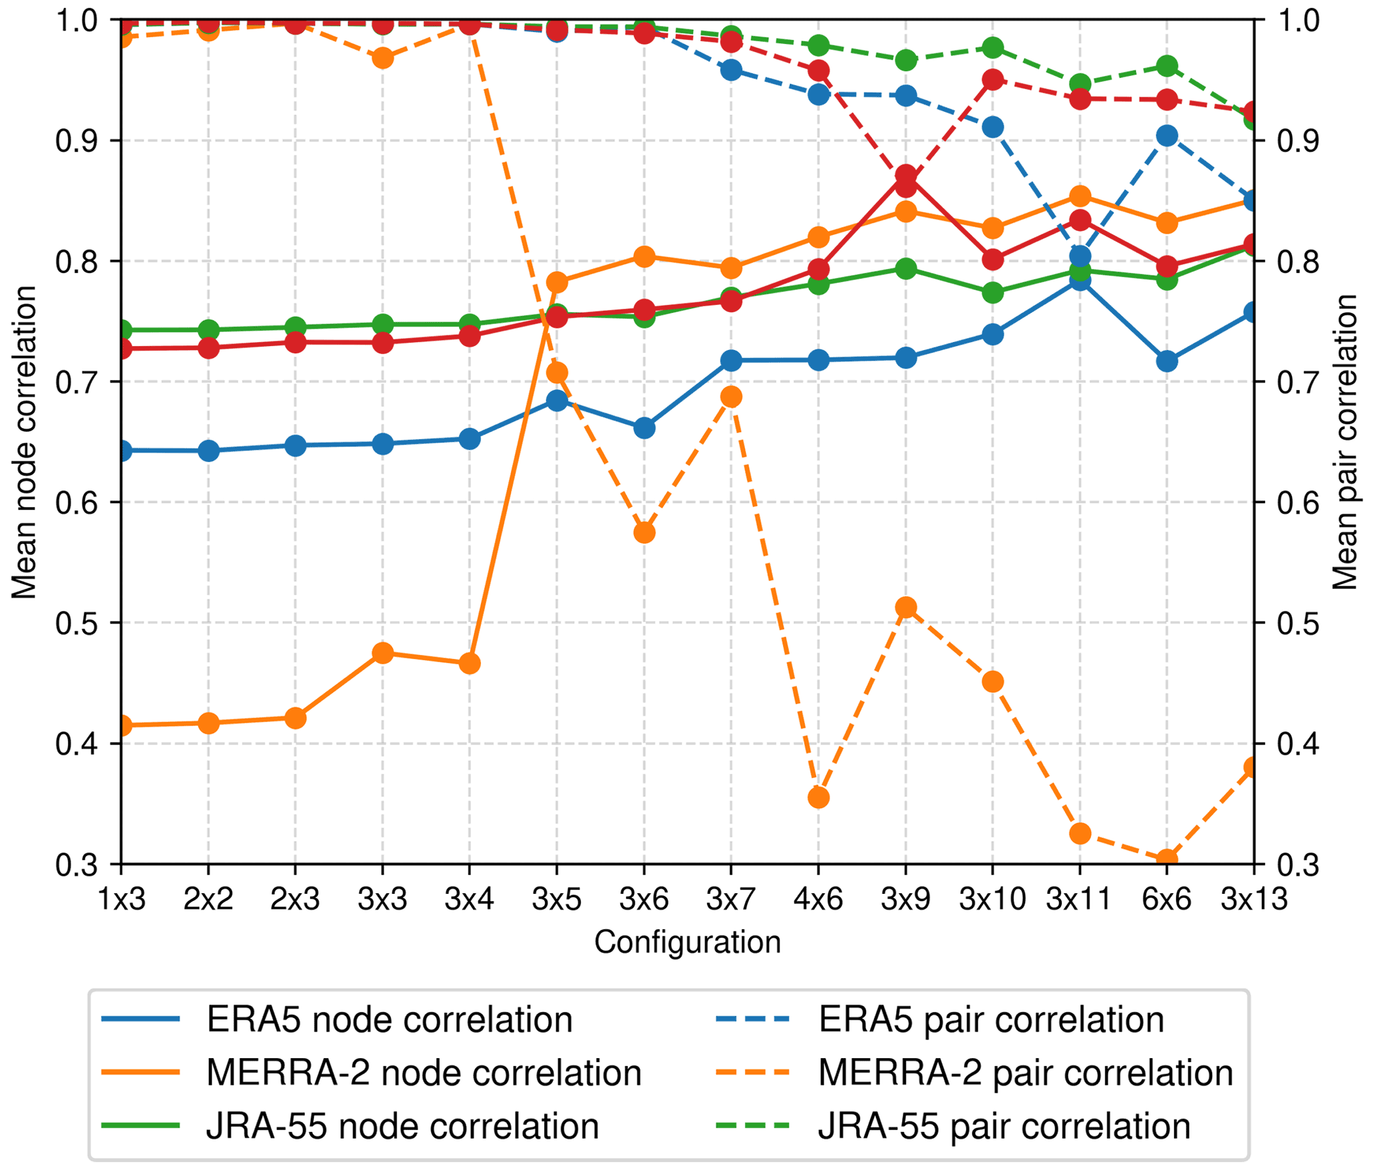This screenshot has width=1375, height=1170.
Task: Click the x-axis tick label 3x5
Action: (556, 900)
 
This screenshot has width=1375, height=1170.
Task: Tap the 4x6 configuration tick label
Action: (818, 900)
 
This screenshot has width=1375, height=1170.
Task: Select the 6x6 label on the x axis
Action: (1166, 900)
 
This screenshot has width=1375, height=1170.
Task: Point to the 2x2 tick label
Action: (208, 900)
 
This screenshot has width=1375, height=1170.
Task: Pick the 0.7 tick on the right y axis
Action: (1298, 383)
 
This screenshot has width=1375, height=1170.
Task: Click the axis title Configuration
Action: (687, 942)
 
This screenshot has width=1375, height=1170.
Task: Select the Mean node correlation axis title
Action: (24, 442)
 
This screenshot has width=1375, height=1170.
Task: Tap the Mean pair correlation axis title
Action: (1344, 442)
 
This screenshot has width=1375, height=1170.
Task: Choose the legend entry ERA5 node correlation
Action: (389, 1020)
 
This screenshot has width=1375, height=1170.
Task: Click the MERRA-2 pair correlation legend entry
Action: (1025, 1073)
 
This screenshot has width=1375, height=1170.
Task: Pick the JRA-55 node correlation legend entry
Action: (402, 1127)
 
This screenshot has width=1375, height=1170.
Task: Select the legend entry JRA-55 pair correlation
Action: (1004, 1127)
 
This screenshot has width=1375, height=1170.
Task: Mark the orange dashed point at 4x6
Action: (818, 798)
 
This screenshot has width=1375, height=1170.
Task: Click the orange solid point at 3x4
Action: (470, 664)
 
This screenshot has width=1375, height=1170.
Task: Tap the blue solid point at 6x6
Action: (1167, 362)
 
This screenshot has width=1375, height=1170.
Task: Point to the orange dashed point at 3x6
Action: (644, 533)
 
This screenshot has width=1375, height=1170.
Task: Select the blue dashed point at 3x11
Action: (1080, 256)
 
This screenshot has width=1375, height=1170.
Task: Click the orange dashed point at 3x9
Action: (905, 608)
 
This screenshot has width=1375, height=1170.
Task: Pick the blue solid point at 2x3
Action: (295, 446)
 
